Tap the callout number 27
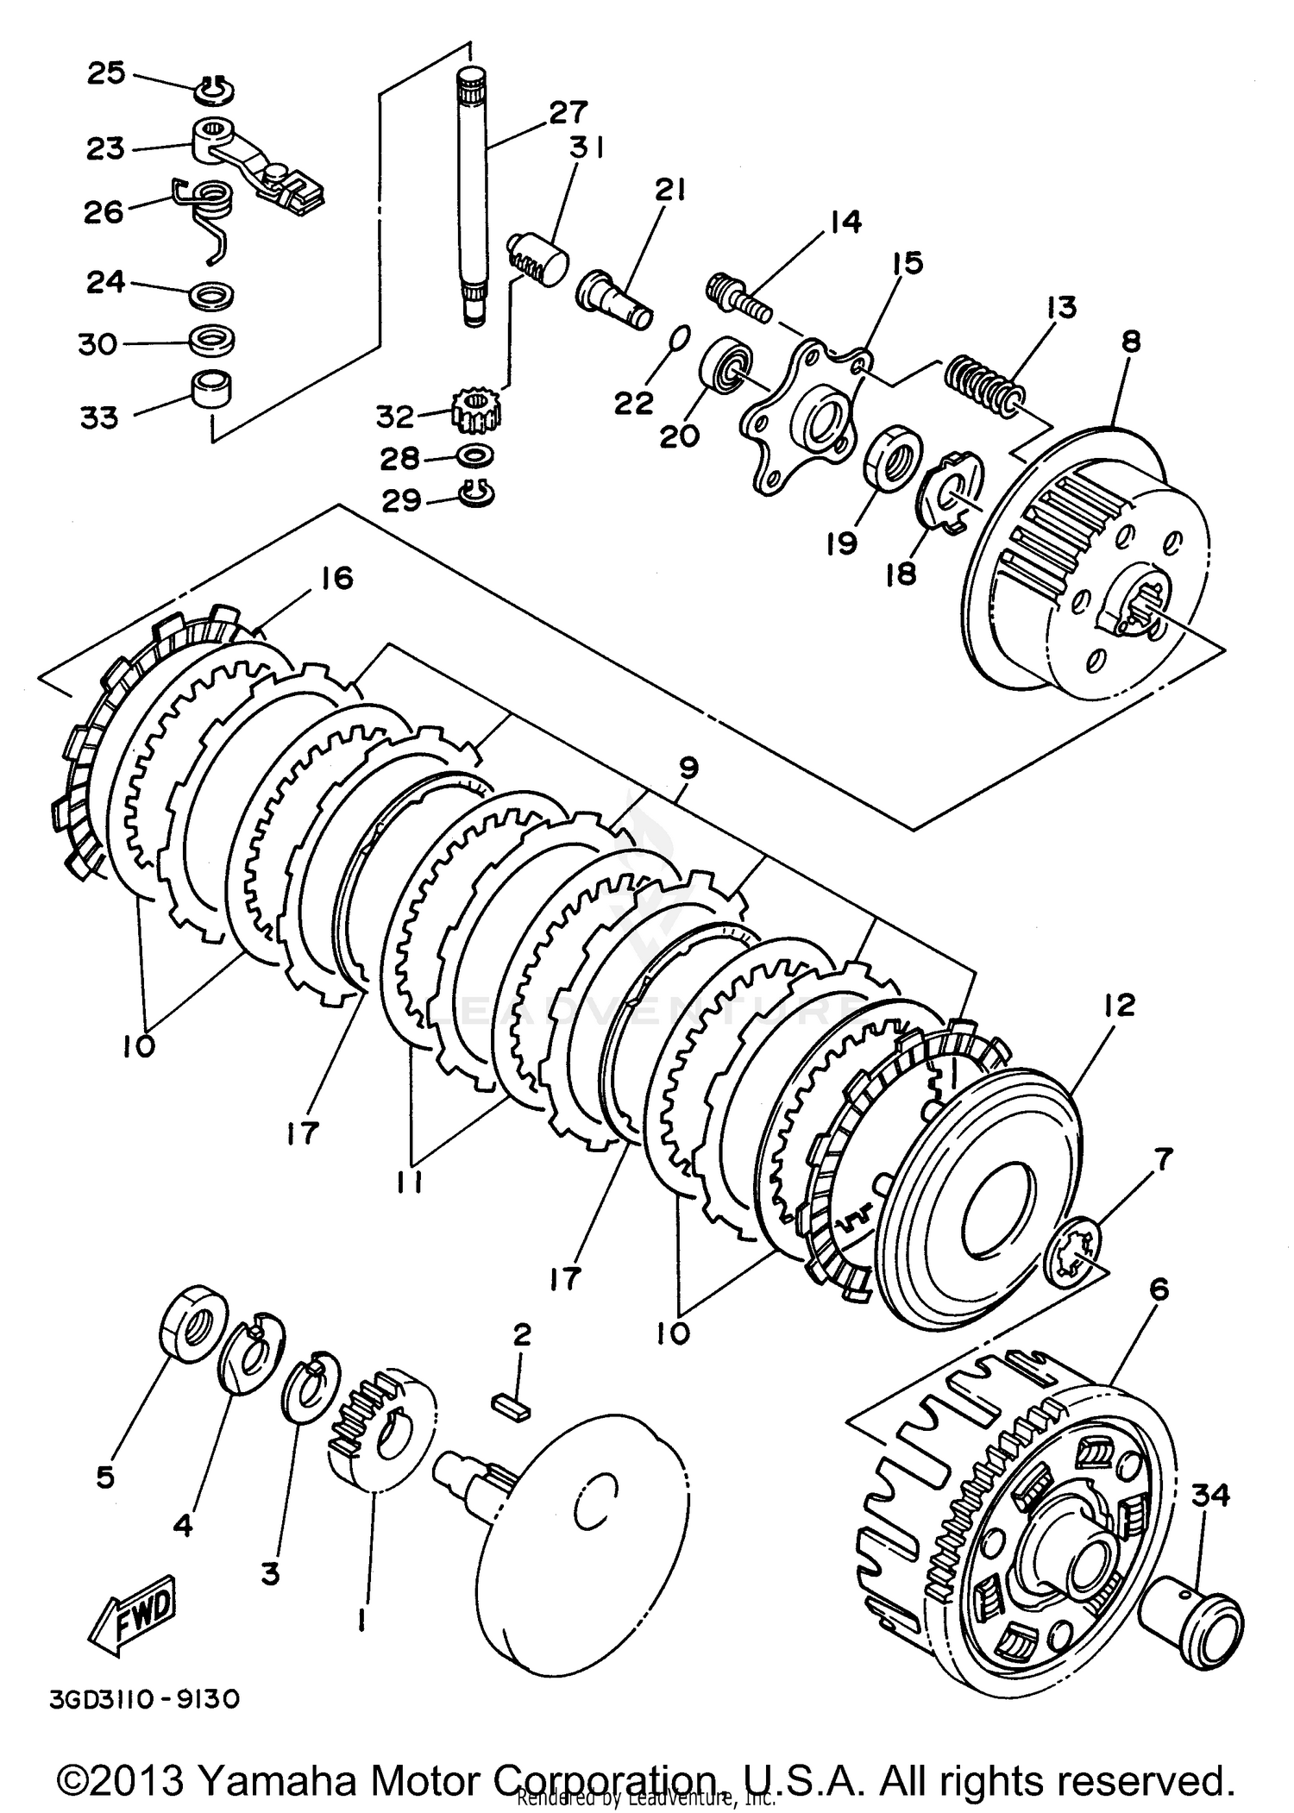568,112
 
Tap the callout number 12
1118,1006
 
